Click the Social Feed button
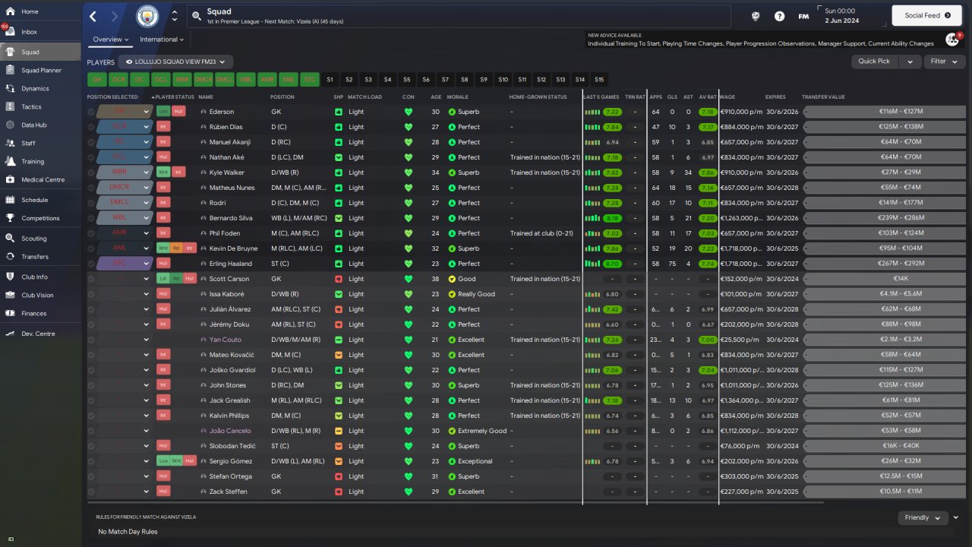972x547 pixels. (926, 15)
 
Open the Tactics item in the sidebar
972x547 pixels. (31, 106)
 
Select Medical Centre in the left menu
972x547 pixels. (43, 179)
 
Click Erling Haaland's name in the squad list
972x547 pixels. (230, 264)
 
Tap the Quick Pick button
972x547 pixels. (874, 62)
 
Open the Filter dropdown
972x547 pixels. (943, 62)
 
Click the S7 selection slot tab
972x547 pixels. (445, 80)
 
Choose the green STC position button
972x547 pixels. (310, 80)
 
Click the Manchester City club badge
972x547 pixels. (147, 16)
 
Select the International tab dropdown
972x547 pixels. (162, 40)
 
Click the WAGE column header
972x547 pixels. (727, 97)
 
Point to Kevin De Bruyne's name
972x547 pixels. (234, 248)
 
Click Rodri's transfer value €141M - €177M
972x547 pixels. (885, 203)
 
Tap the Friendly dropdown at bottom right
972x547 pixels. (922, 517)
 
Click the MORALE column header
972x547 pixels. (458, 97)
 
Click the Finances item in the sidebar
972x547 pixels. (33, 313)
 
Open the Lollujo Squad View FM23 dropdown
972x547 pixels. (179, 62)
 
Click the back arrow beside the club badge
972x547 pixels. (93, 16)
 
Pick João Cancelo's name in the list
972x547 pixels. (231, 431)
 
